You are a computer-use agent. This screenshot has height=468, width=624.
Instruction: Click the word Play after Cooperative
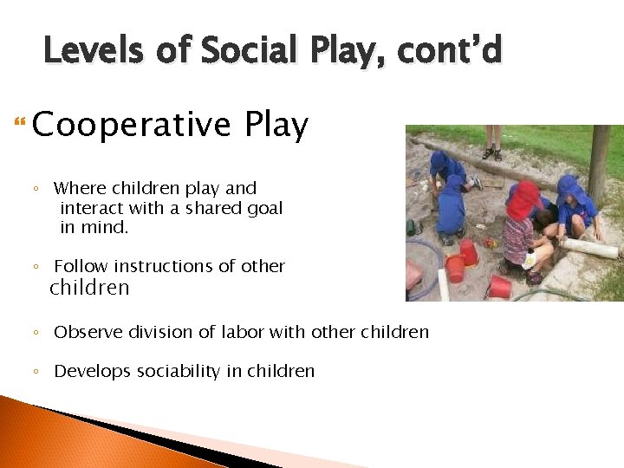[x=276, y=126]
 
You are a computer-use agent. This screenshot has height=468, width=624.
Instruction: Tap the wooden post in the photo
[x=599, y=165]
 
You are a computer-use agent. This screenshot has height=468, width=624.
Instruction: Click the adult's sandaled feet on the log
[x=492, y=153]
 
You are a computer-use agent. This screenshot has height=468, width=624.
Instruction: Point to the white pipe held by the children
[x=589, y=249]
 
